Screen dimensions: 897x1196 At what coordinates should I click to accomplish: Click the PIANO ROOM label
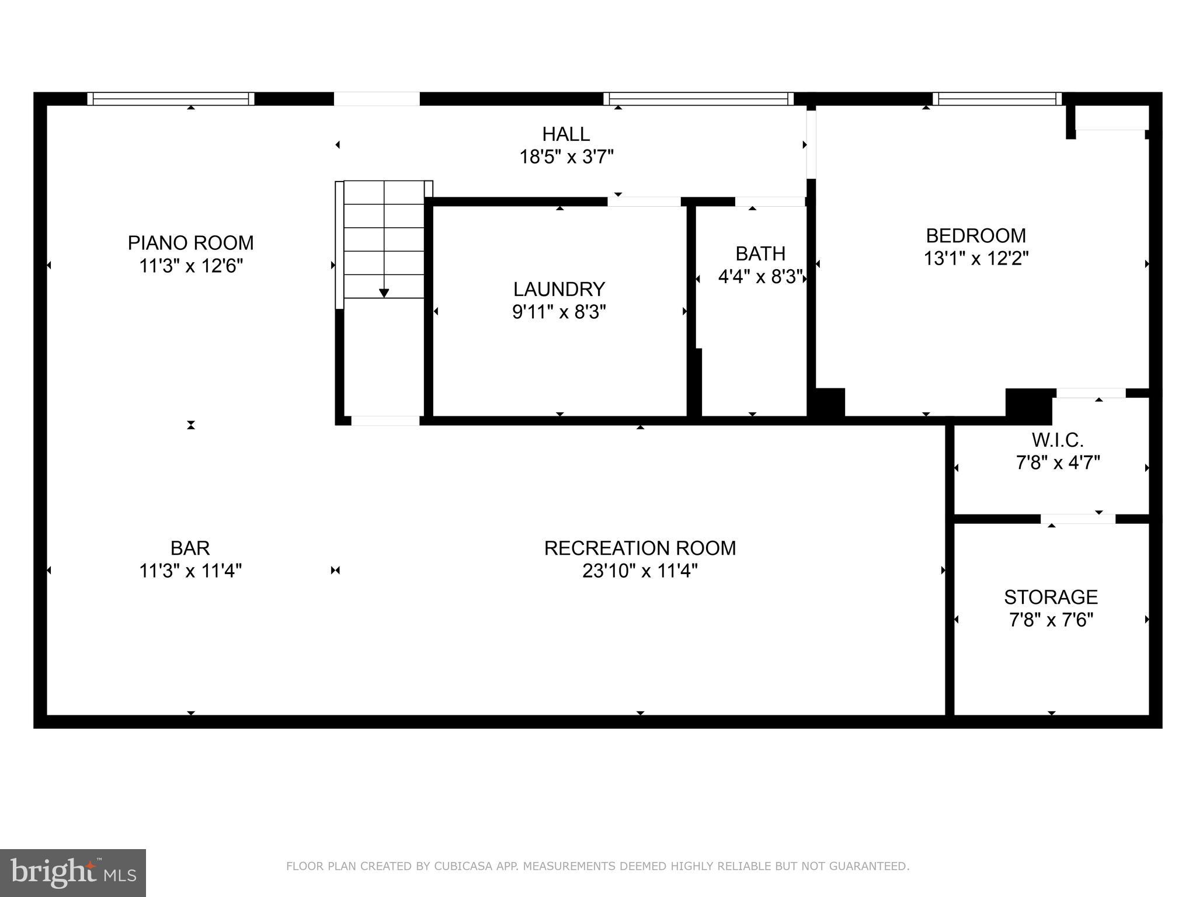tap(190, 242)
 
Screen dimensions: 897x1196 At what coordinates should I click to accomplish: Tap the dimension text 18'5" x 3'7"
tap(566, 157)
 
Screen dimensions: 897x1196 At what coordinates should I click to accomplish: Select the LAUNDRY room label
tap(559, 289)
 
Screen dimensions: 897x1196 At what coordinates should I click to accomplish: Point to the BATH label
tap(760, 253)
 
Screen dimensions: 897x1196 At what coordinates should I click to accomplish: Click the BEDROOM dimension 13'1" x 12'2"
tap(975, 258)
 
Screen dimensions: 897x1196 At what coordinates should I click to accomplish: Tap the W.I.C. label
tap(1057, 439)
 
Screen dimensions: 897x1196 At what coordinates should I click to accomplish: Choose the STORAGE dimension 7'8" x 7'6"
tap(1051, 620)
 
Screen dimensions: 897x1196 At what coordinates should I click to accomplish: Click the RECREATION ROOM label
tap(639, 548)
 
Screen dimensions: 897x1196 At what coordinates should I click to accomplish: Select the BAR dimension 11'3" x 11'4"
tap(190, 571)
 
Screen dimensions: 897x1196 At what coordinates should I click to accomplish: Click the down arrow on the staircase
tap(384, 292)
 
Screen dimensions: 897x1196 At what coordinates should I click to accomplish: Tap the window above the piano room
tap(171, 99)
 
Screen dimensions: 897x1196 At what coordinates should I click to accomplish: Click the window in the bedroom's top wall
tap(997, 99)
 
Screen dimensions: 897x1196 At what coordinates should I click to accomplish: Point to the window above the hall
tap(698, 99)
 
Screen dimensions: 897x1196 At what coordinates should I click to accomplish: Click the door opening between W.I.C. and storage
tap(1077, 519)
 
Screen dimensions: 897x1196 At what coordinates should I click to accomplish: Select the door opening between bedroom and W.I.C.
tap(1090, 393)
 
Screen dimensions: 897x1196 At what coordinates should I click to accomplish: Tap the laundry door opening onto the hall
tap(644, 201)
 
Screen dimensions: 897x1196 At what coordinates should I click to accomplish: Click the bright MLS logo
tap(72, 872)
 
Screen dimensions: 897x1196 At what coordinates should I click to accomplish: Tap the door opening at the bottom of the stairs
tap(385, 420)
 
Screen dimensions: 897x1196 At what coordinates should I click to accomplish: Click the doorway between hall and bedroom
tap(811, 144)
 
